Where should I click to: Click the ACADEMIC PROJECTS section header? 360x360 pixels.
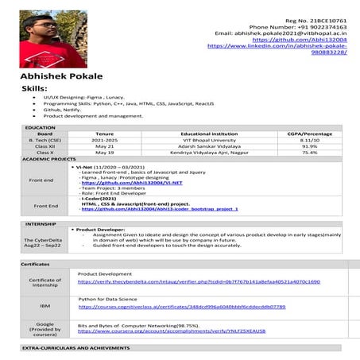[x=48, y=160]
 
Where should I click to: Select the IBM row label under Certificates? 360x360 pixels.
[x=45, y=305]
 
